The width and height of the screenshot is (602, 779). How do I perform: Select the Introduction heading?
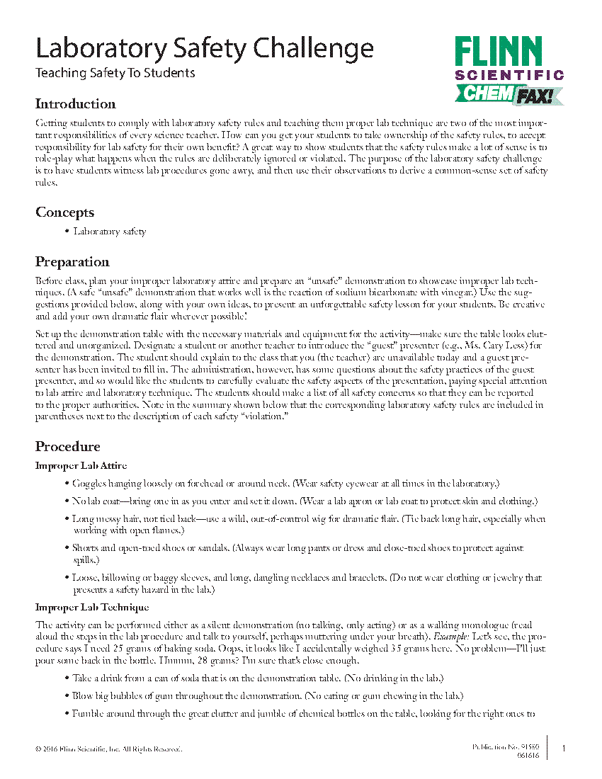coord(75,104)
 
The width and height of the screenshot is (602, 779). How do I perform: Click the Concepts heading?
coord(64,212)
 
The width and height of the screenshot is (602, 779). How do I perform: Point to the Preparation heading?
coord(72,262)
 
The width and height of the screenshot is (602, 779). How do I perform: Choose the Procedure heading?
coord(67,446)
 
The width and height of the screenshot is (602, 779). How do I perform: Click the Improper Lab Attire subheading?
coord(81,465)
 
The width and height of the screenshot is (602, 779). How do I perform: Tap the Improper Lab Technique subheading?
coord(92,607)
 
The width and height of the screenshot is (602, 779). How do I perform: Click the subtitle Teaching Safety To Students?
coord(115,73)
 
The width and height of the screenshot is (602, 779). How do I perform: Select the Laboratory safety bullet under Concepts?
coord(110,232)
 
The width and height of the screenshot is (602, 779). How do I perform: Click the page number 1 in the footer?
coord(564,748)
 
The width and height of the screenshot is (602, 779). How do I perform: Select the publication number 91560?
coord(527,747)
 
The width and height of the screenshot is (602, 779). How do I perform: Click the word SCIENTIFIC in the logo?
coord(509,74)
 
